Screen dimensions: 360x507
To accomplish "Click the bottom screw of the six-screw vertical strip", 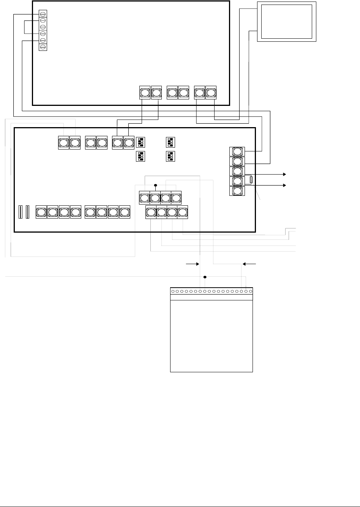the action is click(43, 47).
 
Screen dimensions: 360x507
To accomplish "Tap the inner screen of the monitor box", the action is click(287, 21).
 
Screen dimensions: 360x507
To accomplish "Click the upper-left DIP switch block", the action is click(141, 142).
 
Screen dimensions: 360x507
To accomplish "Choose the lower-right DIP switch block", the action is click(171, 156).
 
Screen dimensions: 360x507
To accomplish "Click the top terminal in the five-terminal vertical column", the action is click(237, 152).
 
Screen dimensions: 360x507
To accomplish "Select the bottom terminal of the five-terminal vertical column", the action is click(237, 191).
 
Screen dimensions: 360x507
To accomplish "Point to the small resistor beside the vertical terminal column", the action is click(251, 180).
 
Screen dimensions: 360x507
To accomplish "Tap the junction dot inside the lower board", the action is click(156, 186).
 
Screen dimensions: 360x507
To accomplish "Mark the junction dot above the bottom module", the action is click(205, 277).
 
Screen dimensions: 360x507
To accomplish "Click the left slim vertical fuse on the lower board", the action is click(21, 212).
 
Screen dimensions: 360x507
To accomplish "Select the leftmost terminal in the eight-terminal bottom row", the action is click(41, 212).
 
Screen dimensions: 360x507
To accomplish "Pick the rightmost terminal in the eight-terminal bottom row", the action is click(125, 212).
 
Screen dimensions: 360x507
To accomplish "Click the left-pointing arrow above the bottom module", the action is click(245, 263).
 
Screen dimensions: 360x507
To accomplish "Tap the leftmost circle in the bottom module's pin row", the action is click(173, 291).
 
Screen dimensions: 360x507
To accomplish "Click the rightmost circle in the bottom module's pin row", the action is click(251, 291).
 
